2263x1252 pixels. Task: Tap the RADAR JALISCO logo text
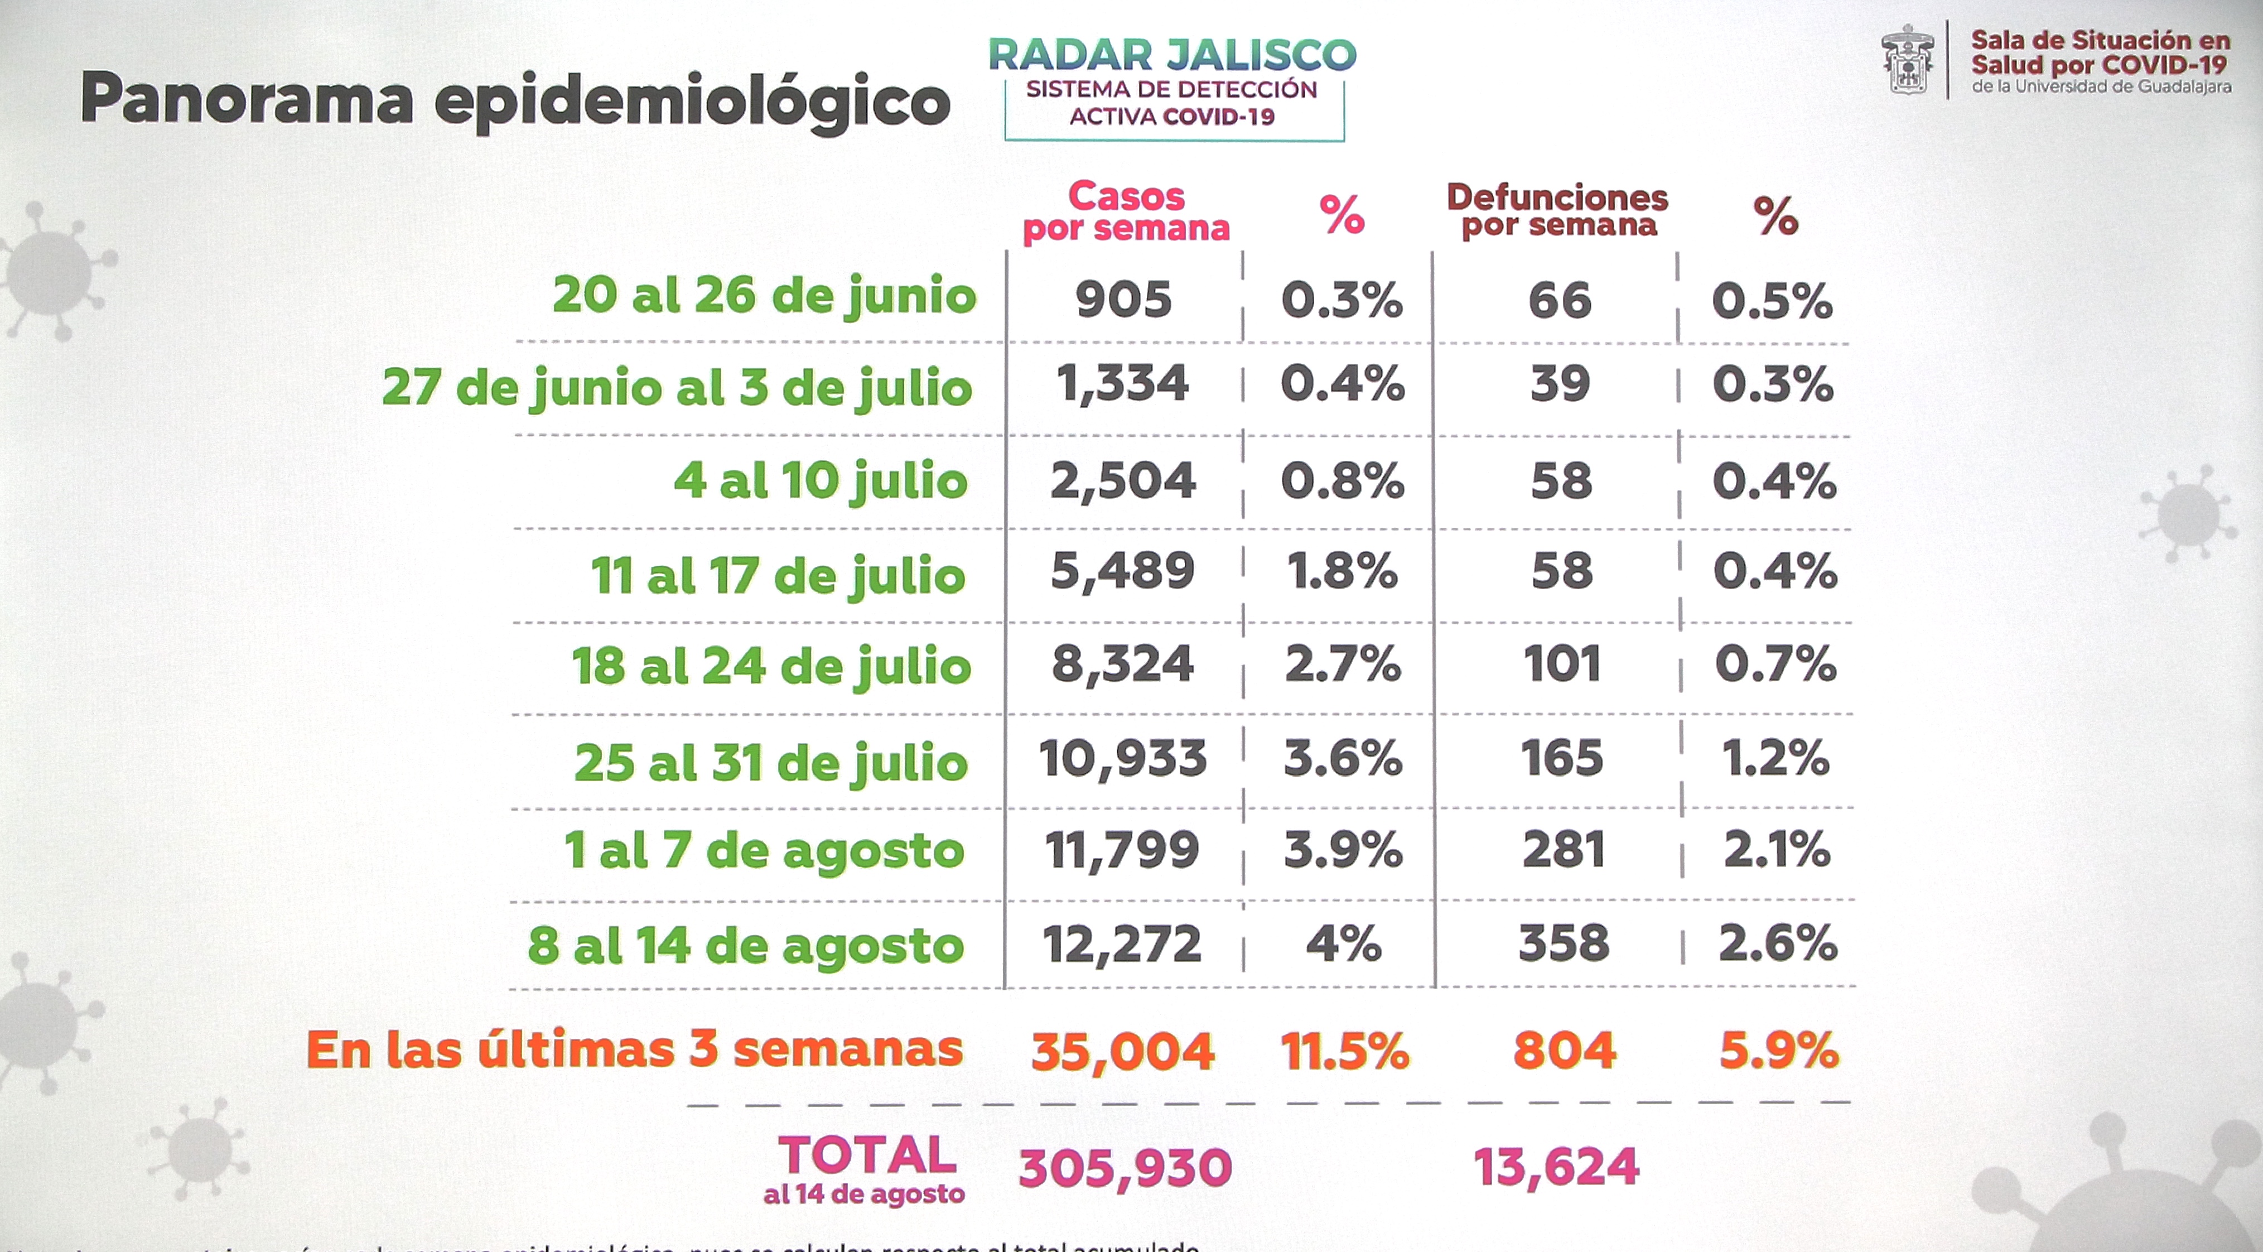pyautogui.click(x=1172, y=55)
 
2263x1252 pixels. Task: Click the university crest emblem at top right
pyautogui.click(x=1907, y=60)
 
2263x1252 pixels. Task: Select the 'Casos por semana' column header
pyautogui.click(x=1126, y=212)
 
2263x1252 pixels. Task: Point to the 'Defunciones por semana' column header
pyautogui.click(x=1557, y=211)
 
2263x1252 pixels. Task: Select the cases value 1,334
pyautogui.click(x=1123, y=384)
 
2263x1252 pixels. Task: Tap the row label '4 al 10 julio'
pyautogui.click(x=821, y=480)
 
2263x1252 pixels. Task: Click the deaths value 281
pyautogui.click(x=1564, y=850)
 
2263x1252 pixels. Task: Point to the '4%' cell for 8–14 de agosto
pyautogui.click(x=1343, y=943)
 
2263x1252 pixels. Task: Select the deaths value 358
pyautogui.click(x=1564, y=943)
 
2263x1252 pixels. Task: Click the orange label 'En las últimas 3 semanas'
pyautogui.click(x=634, y=1049)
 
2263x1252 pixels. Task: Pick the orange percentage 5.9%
pyautogui.click(x=1778, y=1051)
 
